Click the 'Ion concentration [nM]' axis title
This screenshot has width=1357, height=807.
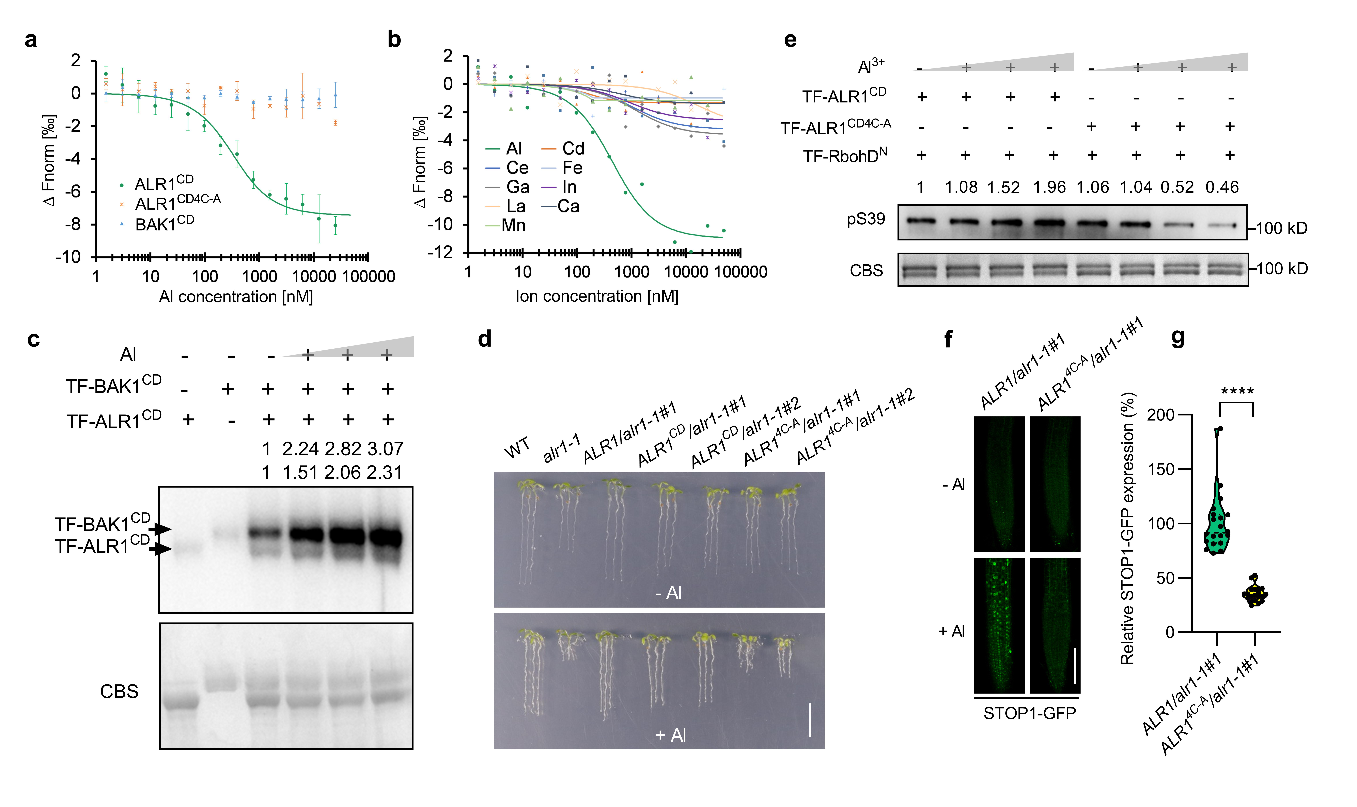(597, 296)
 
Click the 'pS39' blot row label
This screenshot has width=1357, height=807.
(866, 219)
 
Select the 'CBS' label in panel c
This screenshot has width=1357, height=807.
(119, 692)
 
